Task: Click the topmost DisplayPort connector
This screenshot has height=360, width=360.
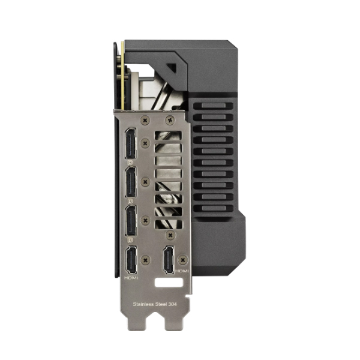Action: click(130, 143)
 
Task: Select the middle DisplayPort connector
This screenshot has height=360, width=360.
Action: click(131, 182)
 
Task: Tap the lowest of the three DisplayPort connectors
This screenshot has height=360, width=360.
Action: click(131, 220)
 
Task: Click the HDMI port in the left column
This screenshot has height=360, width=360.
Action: click(131, 260)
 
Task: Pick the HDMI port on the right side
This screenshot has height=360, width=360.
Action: click(169, 260)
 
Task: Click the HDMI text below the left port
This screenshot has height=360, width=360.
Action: click(131, 278)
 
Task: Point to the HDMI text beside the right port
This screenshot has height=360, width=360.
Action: click(182, 271)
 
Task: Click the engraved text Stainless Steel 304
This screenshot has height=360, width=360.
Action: click(155, 304)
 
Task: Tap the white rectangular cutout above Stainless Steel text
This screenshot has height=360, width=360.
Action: click(169, 283)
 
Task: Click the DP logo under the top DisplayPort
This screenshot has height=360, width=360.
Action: click(130, 163)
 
